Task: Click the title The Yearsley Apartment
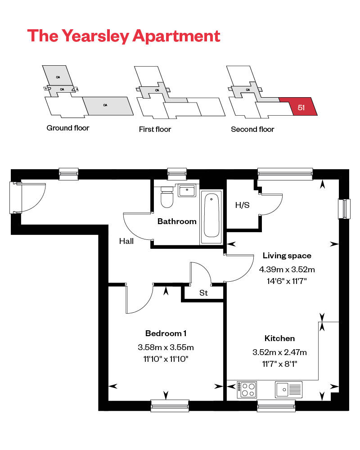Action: pos(124,36)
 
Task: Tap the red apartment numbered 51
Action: pos(301,107)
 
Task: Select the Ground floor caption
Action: pos(68,128)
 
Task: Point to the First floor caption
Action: pos(155,130)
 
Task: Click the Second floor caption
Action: pos(252,130)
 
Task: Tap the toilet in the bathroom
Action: pos(167,198)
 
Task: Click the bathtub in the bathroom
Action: pos(211,216)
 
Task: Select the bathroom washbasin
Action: pos(187,191)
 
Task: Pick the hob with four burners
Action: pos(247,389)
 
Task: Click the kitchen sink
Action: pos(289,389)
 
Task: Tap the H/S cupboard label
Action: pos(242,206)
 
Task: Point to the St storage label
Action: pos(203,293)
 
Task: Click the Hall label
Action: pos(126,241)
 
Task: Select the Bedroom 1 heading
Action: pos(166,333)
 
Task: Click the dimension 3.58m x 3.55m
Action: pos(166,347)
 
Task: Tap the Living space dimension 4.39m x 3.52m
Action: pos(287,270)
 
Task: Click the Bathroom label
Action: pos(177,221)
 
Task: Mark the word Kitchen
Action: pos(279,338)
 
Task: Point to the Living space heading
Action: pos(287,256)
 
